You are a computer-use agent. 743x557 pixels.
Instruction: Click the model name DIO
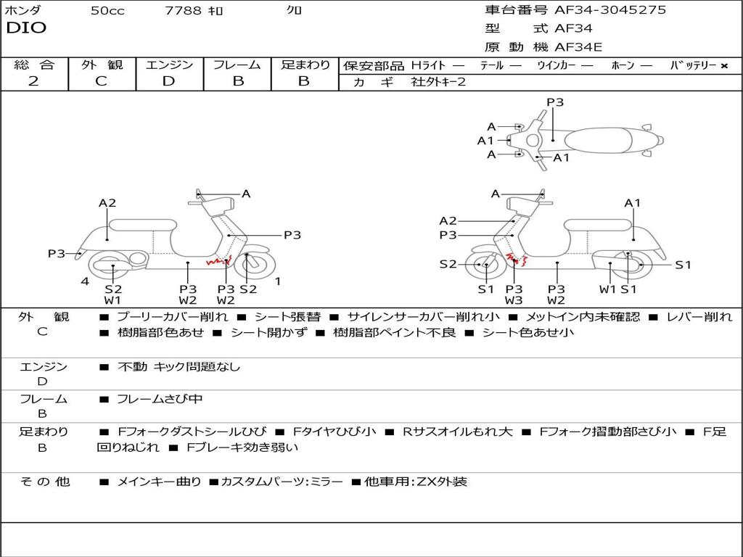pyautogui.click(x=26, y=28)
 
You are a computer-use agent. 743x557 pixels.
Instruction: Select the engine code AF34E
pyautogui.click(x=578, y=48)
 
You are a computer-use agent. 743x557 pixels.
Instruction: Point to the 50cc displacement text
pyautogui.click(x=107, y=11)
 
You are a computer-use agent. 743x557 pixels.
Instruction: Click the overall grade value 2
pyautogui.click(x=33, y=81)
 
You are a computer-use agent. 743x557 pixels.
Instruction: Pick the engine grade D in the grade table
pyautogui.click(x=168, y=81)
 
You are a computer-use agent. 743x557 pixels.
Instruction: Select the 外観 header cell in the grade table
pyautogui.click(x=102, y=65)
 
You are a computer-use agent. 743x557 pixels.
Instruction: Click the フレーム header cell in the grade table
pyautogui.click(x=237, y=65)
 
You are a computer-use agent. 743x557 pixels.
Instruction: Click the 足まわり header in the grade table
pyautogui.click(x=305, y=65)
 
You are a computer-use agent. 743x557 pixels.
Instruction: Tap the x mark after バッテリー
pyautogui.click(x=723, y=66)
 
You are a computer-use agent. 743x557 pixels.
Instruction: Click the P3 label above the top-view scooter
pyautogui.click(x=555, y=102)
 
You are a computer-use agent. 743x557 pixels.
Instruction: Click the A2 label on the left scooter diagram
pyautogui.click(x=107, y=203)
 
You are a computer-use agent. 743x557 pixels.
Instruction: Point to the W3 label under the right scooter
pyautogui.click(x=514, y=300)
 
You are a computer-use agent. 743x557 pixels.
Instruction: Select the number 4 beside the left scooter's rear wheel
pyautogui.click(x=85, y=281)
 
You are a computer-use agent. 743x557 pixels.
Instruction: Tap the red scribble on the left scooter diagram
pyautogui.click(x=216, y=262)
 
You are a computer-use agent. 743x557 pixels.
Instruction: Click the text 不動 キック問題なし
pyautogui.click(x=178, y=367)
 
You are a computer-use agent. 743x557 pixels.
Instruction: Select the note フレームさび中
pyautogui.click(x=160, y=399)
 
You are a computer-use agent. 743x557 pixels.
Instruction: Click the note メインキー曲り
pyautogui.click(x=159, y=482)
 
